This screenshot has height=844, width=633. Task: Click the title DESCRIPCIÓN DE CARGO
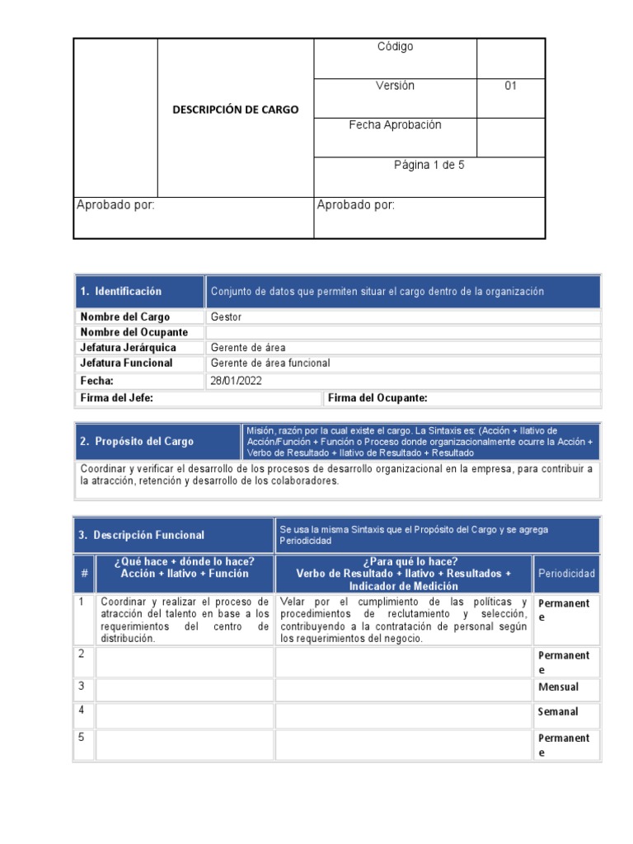pos(235,110)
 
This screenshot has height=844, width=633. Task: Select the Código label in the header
pos(395,47)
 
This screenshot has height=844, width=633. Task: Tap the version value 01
pos(510,86)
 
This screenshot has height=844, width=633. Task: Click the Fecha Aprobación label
pos(395,125)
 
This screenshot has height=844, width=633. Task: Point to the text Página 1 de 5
pos(429,165)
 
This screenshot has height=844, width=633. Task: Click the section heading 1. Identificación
pos(121,292)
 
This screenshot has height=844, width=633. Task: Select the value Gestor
pos(226,316)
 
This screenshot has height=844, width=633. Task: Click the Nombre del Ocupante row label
pos(134,332)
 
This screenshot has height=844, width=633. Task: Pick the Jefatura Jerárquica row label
pos(128,348)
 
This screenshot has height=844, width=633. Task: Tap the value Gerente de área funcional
pos(270,363)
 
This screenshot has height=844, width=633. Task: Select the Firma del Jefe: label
pos(116,398)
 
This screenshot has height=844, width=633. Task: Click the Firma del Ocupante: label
pos(377,398)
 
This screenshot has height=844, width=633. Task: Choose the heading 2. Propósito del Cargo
pos(137,442)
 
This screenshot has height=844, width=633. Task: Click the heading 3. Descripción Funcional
pos(141,536)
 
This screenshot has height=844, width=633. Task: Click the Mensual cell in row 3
pos(558,687)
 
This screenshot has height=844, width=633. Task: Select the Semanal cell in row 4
pos(558,712)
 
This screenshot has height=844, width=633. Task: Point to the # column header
pos(83,574)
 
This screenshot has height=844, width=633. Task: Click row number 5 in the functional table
pos(82,738)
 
